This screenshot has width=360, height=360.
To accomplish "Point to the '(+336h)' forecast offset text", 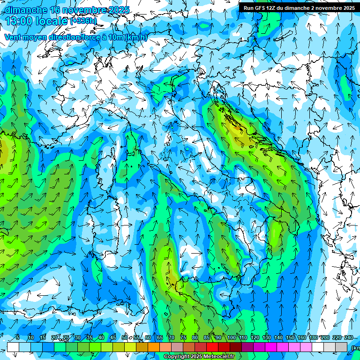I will (x=83, y=21).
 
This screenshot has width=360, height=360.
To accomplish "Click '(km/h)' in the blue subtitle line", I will (x=136, y=37).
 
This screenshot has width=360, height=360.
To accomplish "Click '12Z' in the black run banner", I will (x=274, y=8).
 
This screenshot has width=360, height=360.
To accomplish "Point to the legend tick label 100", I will (x=232, y=337).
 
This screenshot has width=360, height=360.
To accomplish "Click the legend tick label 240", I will (x=349, y=337).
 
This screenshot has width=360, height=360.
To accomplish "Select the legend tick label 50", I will (x=125, y=337).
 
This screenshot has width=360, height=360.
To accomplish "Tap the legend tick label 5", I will (x=18, y=337).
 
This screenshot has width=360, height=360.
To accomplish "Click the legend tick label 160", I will (x=302, y=337).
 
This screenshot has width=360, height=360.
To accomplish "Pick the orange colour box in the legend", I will (x=154, y=347).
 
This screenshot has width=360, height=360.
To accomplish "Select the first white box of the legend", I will (x=13, y=347).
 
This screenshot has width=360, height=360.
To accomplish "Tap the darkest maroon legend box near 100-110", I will (x=236, y=347).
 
